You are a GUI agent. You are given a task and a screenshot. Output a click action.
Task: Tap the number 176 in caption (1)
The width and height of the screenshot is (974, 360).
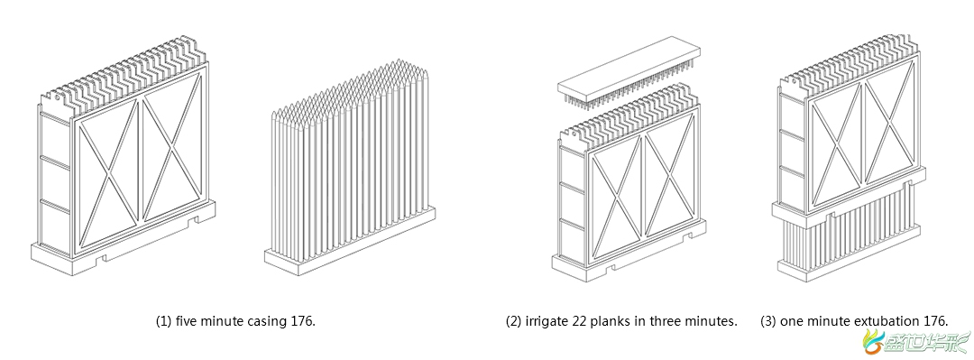(x=302, y=321)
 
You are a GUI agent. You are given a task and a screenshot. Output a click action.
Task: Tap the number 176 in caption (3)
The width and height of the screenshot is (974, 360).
(x=936, y=321)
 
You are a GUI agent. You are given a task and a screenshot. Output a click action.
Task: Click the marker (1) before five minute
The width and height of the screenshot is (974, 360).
(x=163, y=321)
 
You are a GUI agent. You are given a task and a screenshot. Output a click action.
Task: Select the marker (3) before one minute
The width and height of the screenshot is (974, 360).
(x=768, y=321)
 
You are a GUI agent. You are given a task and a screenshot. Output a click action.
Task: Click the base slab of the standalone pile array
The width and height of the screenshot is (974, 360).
(x=350, y=243)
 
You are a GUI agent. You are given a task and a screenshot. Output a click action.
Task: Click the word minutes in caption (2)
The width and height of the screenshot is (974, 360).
(x=713, y=321)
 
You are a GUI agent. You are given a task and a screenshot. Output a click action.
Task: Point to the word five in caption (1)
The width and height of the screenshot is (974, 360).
(x=187, y=321)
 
